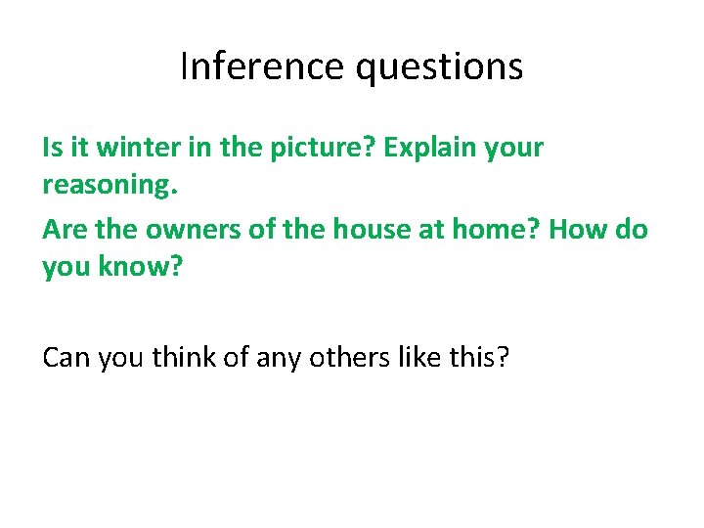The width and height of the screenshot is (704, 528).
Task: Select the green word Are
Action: click(x=63, y=230)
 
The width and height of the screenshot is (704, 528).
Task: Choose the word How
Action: click(x=578, y=230)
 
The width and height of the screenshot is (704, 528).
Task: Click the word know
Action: click(x=133, y=266)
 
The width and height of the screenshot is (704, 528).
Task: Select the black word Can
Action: click(x=65, y=358)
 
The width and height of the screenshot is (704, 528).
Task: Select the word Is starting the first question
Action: click(x=51, y=149)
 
